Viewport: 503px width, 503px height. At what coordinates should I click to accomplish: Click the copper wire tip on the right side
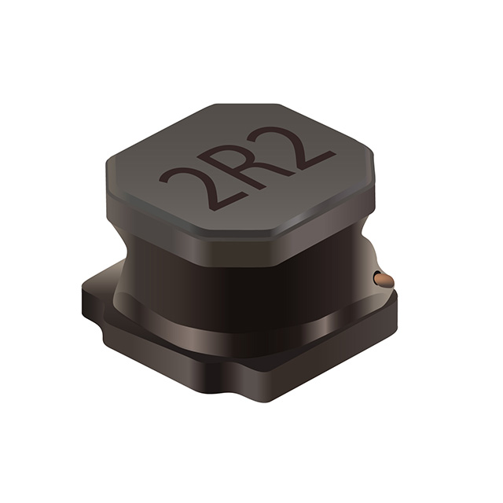(x=383, y=279)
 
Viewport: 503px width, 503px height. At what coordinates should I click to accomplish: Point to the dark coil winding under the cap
(x=236, y=291)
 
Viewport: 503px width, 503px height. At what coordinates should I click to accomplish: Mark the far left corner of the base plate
(x=85, y=295)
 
